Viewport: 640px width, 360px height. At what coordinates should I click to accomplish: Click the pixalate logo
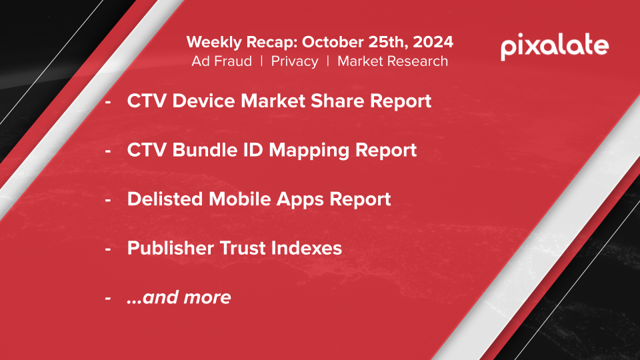[555, 47]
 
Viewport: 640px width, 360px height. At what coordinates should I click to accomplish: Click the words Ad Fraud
[221, 61]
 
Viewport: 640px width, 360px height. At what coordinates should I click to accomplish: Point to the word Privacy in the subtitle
[295, 61]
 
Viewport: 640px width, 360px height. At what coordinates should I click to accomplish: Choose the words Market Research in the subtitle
[393, 61]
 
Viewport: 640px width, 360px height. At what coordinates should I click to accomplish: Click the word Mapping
[309, 151]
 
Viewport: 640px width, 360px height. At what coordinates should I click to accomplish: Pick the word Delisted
[165, 199]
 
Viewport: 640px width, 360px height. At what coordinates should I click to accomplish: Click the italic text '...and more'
[179, 297]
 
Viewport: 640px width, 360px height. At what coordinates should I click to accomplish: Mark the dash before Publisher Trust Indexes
[108, 249]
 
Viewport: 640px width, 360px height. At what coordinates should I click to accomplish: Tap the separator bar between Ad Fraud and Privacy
[261, 61]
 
